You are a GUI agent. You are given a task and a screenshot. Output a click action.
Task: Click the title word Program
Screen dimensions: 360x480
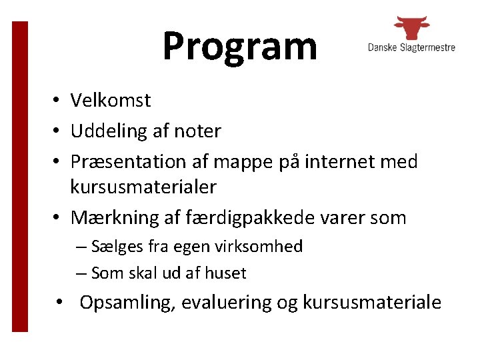tap(239, 47)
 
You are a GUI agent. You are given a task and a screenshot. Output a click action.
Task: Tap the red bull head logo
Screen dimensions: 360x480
tap(411, 28)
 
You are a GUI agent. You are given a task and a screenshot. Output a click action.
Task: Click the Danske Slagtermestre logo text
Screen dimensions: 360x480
tap(411, 47)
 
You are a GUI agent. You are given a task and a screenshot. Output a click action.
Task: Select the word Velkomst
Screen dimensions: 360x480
tap(111, 101)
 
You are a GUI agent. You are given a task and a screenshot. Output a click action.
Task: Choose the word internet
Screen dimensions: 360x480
tap(346, 162)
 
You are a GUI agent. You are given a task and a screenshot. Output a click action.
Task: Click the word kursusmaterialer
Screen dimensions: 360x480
tap(143, 187)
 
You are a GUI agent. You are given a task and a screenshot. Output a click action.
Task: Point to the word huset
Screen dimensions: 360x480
tap(225, 273)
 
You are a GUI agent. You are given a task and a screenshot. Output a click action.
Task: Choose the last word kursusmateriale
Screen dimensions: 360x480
tap(371, 303)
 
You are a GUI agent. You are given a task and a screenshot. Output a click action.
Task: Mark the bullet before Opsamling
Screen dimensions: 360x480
tap(60, 303)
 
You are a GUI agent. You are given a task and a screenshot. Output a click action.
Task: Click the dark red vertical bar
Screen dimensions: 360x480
tap(21, 176)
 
